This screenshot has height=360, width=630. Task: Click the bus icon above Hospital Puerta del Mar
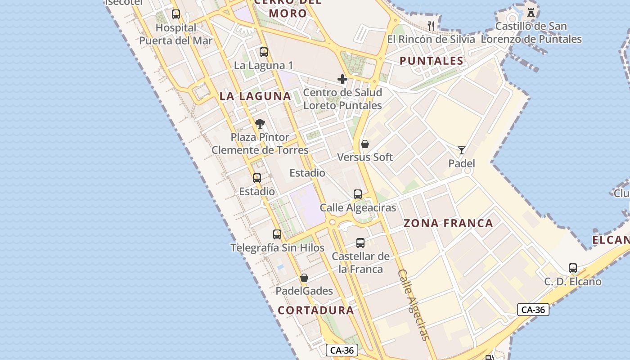tap(176, 14)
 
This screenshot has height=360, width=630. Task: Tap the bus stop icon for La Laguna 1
tap(264, 52)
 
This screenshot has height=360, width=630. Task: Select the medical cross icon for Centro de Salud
tap(342, 80)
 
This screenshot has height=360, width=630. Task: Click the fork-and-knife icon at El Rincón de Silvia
tap(431, 26)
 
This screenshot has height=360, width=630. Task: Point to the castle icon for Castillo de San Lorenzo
tap(531, 13)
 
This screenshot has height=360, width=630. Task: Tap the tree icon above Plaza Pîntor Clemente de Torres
tap(260, 124)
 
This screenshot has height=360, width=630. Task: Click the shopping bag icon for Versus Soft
tap(365, 144)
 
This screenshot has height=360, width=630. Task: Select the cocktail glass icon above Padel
tap(462, 150)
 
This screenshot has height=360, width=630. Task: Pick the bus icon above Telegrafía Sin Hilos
tap(277, 234)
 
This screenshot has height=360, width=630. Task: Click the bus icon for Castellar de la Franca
tap(360, 243)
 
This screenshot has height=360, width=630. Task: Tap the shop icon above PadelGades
tap(304, 278)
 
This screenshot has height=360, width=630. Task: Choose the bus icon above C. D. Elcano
tap(573, 268)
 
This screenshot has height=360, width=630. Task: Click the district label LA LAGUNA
tap(255, 96)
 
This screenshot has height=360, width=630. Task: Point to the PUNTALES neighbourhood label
tap(431, 61)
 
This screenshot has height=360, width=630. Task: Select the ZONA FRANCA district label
tap(448, 223)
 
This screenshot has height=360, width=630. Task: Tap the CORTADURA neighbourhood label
tap(315, 310)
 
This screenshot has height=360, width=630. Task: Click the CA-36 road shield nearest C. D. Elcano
tap(533, 310)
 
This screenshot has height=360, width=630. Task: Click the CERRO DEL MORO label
tap(288, 8)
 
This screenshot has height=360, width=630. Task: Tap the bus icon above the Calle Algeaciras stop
tap(358, 194)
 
